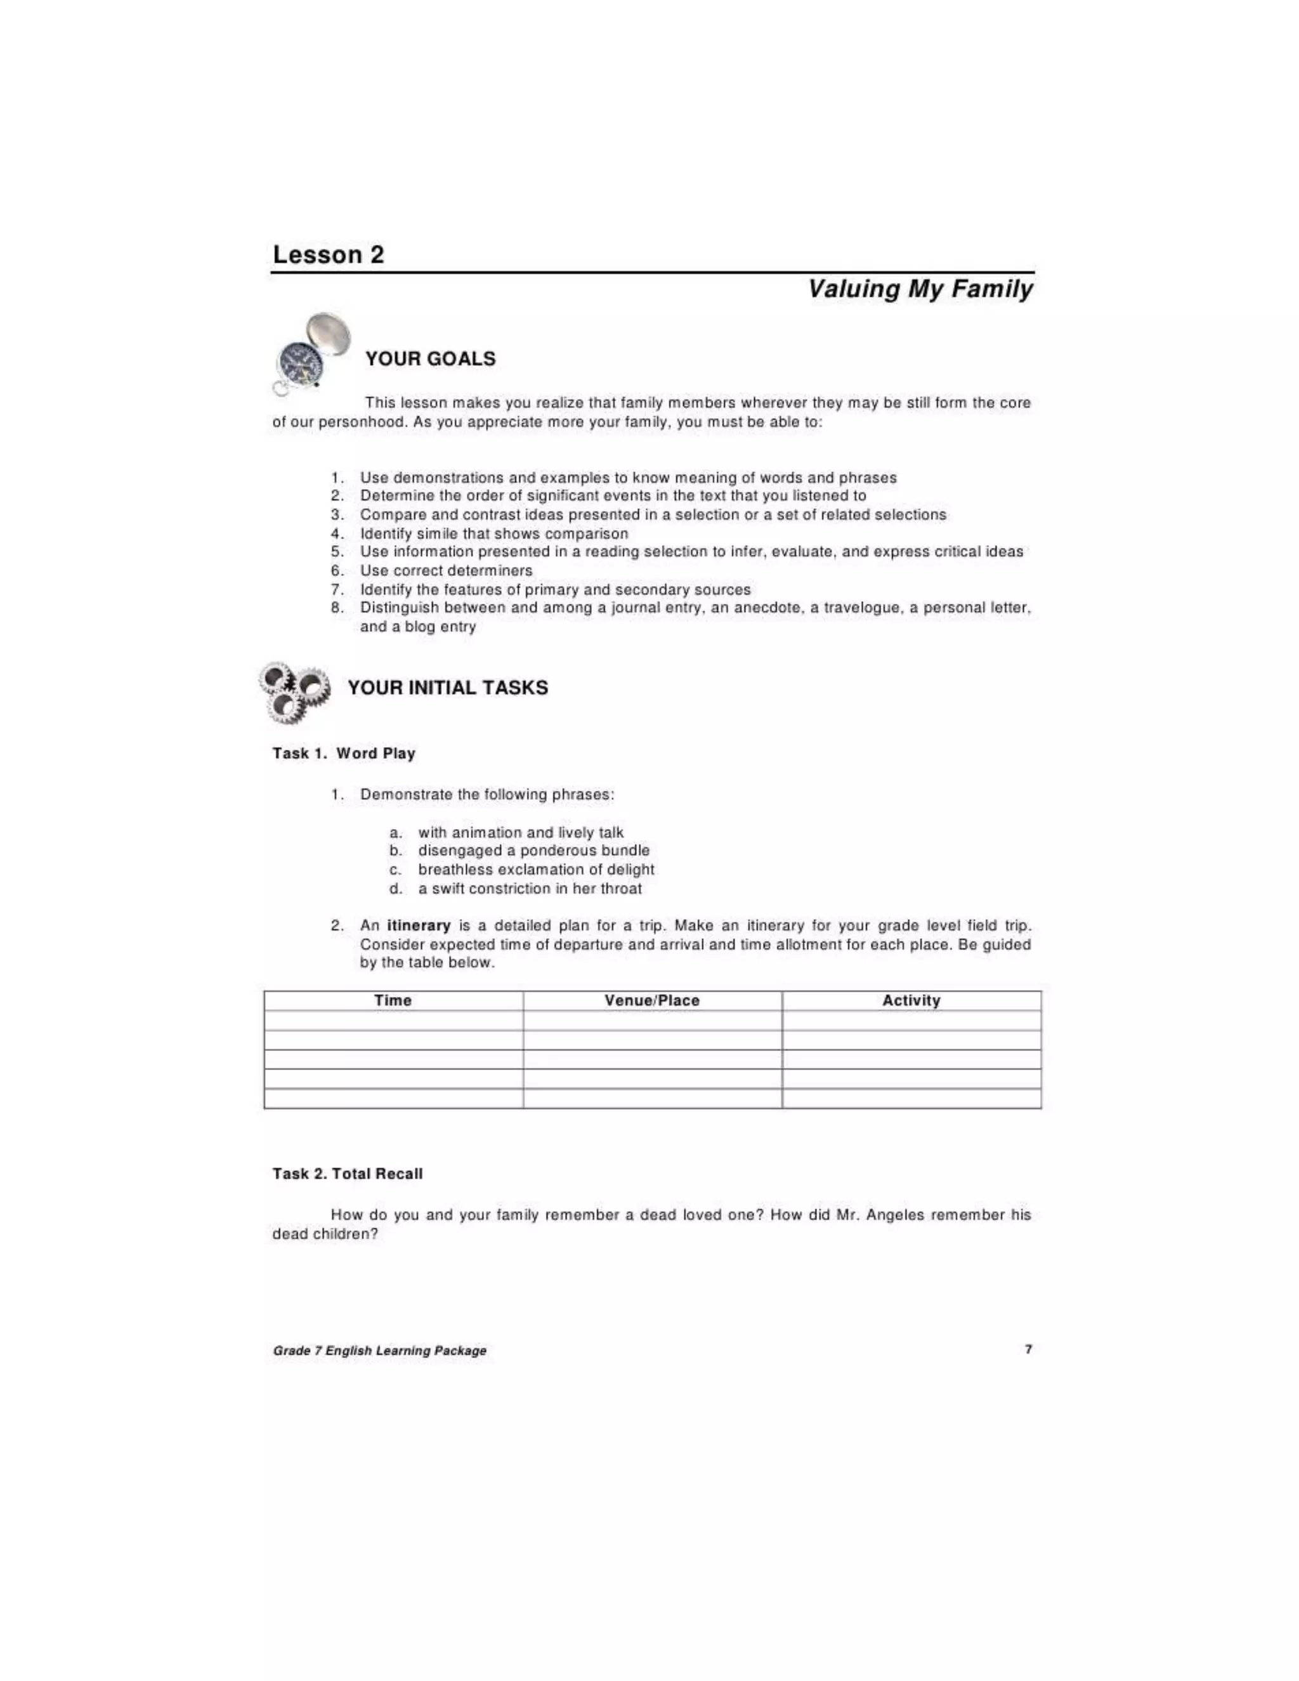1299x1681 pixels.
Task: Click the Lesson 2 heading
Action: [x=328, y=255]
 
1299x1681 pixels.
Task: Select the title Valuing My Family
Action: [x=920, y=289]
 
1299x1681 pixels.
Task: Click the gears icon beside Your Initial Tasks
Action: [x=293, y=691]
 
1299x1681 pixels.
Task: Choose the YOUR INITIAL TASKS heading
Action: [x=448, y=688]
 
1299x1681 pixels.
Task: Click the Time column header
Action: [x=393, y=1000]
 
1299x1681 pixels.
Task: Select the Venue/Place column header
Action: [x=652, y=1000]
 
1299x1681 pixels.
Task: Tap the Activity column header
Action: [x=911, y=1000]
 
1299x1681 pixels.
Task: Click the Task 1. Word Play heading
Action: [x=344, y=754]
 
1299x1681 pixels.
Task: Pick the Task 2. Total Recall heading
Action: [x=348, y=1174]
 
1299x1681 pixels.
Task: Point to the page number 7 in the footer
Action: [x=1028, y=1349]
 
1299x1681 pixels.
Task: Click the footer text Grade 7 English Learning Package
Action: [x=379, y=1351]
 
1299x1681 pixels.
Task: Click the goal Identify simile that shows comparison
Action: [x=493, y=533]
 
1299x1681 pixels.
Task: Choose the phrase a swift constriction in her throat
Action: [x=530, y=888]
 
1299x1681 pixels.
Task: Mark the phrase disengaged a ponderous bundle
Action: [x=533, y=851]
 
